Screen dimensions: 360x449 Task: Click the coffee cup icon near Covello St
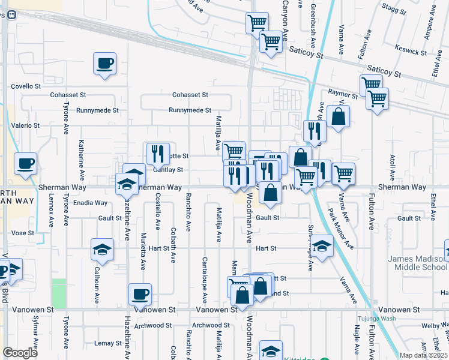pos(104,64)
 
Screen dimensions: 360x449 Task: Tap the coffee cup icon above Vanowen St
pos(140,294)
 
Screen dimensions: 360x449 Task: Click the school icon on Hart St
pos(322,246)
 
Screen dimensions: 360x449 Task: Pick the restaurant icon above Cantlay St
pos(158,154)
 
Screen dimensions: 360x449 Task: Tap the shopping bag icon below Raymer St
pos(339,117)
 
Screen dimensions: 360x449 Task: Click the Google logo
pos(20,353)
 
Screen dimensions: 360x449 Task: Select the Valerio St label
pos(25,126)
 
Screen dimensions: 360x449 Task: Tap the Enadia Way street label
pos(90,203)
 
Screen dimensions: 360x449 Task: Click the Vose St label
pos(22,233)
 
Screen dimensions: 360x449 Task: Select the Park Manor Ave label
pos(340,229)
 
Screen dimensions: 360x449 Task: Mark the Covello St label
pos(25,86)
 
